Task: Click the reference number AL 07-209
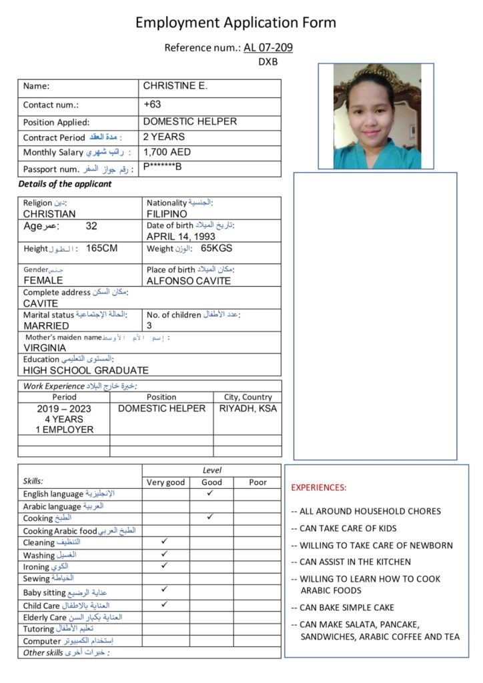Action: [268, 47]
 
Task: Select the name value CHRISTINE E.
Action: [175, 86]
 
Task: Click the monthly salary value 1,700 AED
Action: [167, 151]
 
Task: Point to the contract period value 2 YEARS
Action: [164, 137]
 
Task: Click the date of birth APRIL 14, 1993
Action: [181, 236]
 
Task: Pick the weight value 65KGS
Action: [217, 249]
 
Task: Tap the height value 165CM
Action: [102, 249]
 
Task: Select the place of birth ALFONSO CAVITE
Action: [189, 281]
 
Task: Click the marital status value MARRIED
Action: [46, 325]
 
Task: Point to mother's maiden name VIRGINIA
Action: [45, 348]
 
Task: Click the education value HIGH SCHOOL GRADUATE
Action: [86, 370]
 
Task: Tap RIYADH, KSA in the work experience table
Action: [248, 408]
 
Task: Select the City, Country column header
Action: [248, 397]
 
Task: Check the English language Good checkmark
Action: [210, 493]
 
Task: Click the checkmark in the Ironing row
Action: [165, 566]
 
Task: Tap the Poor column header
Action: [258, 482]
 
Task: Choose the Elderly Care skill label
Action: [45, 617]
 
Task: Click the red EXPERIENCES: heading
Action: [319, 488]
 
